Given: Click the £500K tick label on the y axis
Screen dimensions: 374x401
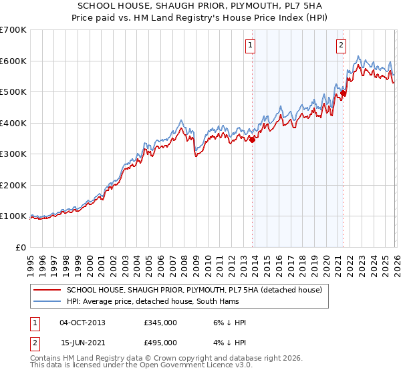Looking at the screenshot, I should coord(13,91).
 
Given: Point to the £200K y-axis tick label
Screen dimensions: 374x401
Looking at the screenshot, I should coord(13,185).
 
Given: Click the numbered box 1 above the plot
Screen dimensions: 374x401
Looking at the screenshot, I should coord(250,45).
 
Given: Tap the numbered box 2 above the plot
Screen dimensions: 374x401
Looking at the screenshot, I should coord(341,45).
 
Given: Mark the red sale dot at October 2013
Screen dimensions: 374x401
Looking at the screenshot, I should coord(253,140).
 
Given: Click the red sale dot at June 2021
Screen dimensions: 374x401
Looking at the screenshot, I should coord(344,93).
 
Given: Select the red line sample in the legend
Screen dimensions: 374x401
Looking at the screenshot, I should coord(47,290).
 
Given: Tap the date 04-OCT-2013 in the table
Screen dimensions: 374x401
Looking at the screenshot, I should coord(82,323).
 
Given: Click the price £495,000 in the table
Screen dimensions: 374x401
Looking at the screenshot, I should coord(160,342).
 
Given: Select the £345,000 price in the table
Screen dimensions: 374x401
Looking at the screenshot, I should coord(160,323).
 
